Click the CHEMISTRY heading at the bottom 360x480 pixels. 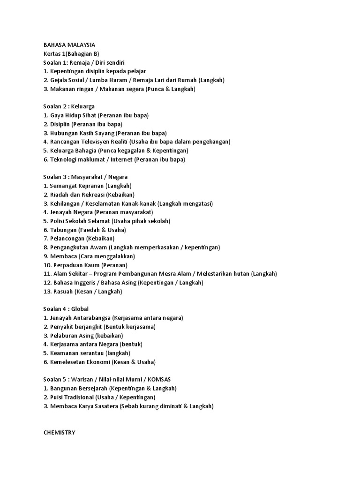(x=59, y=433)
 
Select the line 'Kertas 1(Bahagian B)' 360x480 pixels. (x=71, y=53)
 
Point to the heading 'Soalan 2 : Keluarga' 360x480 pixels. (x=69, y=106)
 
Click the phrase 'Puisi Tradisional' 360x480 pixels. (x=75, y=397)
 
